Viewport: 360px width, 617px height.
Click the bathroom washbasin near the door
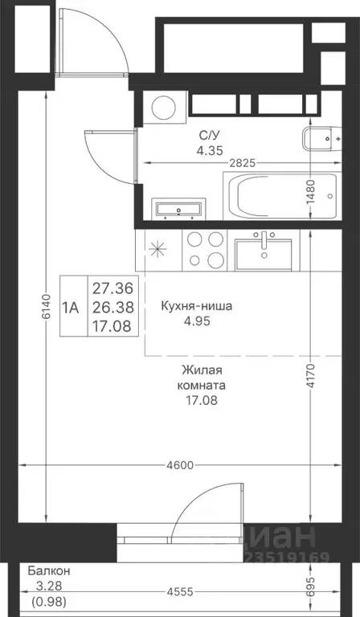[178, 210]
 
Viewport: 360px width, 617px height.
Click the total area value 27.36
[113, 287]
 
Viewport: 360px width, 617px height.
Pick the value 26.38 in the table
[113, 306]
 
